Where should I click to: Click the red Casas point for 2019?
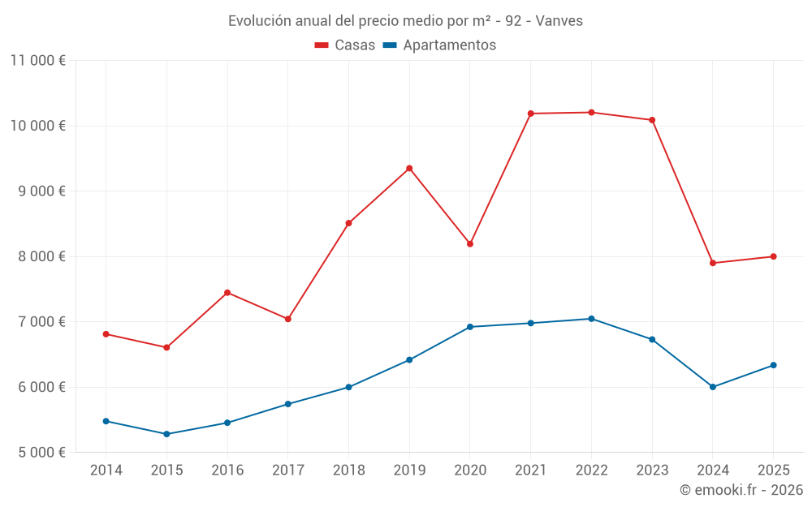pos(409,168)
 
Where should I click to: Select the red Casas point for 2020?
pos(469,243)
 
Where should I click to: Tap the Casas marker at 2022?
pos(591,112)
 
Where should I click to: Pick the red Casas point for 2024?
pos(713,263)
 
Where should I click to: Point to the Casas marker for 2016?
pos(227,293)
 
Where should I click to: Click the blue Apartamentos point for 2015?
pos(166,434)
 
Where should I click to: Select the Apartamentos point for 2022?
pos(591,319)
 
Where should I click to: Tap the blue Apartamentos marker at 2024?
pos(713,387)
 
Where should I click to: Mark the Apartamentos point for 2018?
pos(348,387)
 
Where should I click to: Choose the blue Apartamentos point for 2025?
pos(773,365)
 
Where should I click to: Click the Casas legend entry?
pos(345,45)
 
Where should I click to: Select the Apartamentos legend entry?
pos(439,45)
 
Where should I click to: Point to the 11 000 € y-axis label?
pos(38,61)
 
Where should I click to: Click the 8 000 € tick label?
pos(42,256)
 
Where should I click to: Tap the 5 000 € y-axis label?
pos(42,453)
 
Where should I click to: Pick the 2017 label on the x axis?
pos(288,470)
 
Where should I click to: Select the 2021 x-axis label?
pos(531,470)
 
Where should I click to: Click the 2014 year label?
pos(106,470)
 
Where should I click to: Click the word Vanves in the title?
pos(559,21)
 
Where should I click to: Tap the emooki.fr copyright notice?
pos(741,490)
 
